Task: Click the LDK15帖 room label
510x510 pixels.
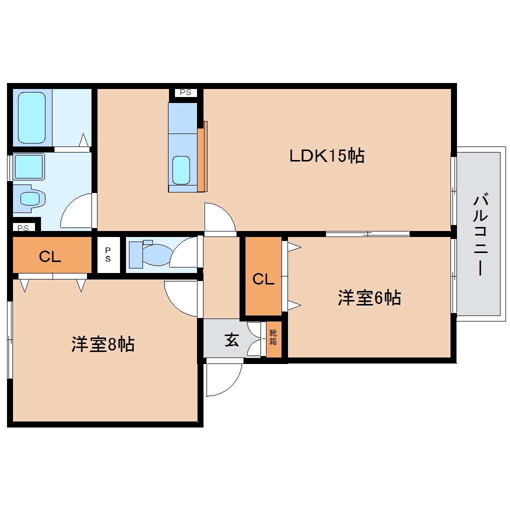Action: point(326,156)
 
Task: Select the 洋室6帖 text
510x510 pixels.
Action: point(369,298)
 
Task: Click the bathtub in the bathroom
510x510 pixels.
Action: point(32,117)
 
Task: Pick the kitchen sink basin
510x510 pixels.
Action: point(181,170)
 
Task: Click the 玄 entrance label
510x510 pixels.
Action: point(231,339)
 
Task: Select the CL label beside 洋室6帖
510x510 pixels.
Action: point(263,279)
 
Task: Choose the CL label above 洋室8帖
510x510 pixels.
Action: point(50,257)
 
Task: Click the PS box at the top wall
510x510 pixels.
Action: point(185,92)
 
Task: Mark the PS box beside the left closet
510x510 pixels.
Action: point(108,254)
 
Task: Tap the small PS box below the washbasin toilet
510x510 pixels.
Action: point(23,228)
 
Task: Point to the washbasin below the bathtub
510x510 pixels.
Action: point(28,166)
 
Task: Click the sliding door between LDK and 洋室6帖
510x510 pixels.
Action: point(367,233)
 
